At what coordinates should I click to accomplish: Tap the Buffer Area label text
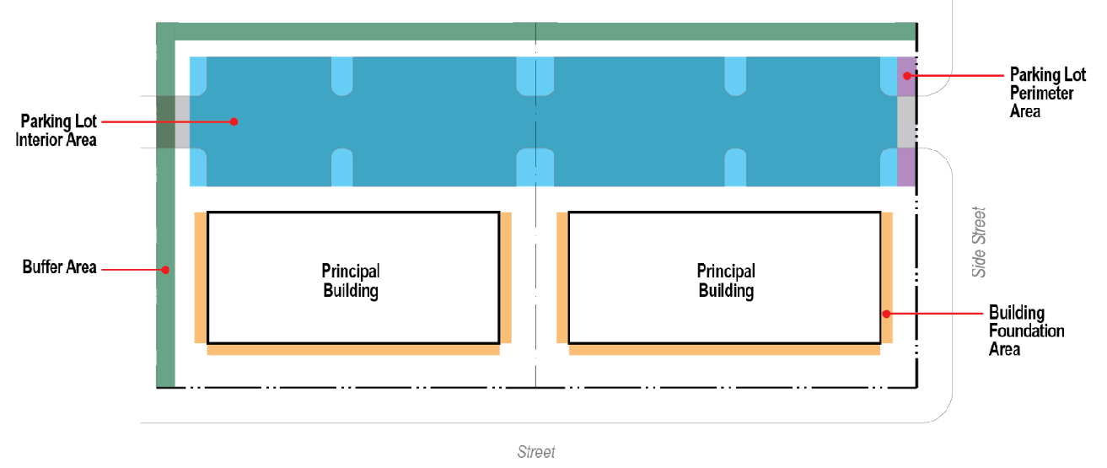tap(59, 269)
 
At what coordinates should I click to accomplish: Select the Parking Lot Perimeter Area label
tap(1042, 92)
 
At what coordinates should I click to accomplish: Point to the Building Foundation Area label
tap(1026, 331)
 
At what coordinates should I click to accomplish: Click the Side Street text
tap(979, 241)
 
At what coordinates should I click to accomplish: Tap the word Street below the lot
tap(536, 452)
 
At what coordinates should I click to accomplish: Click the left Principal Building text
tap(351, 281)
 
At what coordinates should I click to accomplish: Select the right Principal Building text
tap(726, 281)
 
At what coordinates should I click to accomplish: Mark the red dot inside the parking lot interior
tap(234, 121)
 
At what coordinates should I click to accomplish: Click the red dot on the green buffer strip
tap(166, 270)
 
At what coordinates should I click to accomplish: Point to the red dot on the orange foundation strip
tap(886, 314)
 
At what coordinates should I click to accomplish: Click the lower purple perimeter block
tap(906, 166)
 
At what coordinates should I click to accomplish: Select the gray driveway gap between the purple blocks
tap(906, 121)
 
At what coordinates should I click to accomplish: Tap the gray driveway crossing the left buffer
tap(173, 122)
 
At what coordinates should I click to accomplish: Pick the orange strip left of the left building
tap(201, 277)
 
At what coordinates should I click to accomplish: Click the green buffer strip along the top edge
tap(540, 32)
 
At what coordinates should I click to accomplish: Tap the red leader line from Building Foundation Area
tap(936, 314)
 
